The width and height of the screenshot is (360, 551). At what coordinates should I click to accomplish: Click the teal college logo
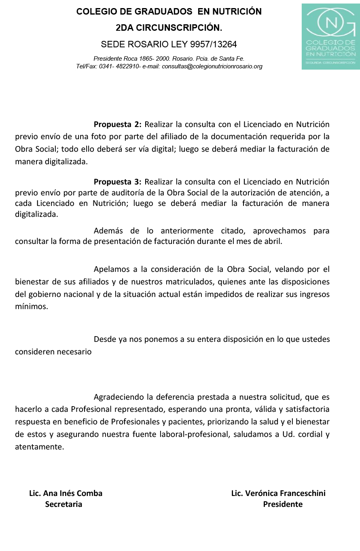tap(330, 36)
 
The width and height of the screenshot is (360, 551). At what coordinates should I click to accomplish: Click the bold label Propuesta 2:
tap(117, 124)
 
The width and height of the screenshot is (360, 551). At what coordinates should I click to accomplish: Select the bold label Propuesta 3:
tap(117, 182)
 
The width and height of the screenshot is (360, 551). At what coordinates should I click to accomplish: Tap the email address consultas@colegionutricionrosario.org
tap(212, 66)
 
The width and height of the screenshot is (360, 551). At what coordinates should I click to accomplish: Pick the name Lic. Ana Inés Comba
tap(66, 493)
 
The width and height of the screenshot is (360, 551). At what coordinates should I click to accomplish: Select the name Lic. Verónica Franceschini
tap(278, 493)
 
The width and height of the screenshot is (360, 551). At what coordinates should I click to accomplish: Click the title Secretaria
tap(64, 504)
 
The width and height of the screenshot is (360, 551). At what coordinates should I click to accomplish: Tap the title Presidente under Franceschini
tap(283, 504)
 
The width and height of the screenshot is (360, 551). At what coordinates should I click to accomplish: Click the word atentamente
tap(39, 447)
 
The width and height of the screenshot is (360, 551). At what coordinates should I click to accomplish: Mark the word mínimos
tap(31, 306)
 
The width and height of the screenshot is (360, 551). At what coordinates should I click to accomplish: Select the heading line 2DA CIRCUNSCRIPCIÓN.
tap(169, 28)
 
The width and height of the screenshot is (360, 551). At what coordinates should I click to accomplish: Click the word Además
tap(108, 231)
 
